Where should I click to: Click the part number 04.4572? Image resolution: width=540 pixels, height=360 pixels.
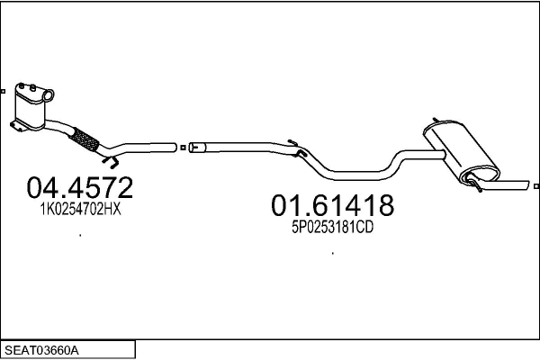click(80, 187)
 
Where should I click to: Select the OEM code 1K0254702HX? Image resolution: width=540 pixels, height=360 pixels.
click(80, 209)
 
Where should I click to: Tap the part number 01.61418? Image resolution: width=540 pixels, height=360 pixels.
click(332, 206)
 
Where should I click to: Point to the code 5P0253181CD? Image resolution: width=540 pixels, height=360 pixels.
click(332, 228)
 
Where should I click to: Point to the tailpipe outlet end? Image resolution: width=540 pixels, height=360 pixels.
click(526, 186)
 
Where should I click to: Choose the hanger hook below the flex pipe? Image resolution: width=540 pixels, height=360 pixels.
click(111, 162)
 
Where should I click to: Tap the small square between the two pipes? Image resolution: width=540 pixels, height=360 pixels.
click(183, 148)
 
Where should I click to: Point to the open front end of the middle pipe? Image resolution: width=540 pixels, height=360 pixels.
click(193, 148)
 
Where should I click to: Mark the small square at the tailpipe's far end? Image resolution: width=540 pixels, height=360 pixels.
click(536, 187)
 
